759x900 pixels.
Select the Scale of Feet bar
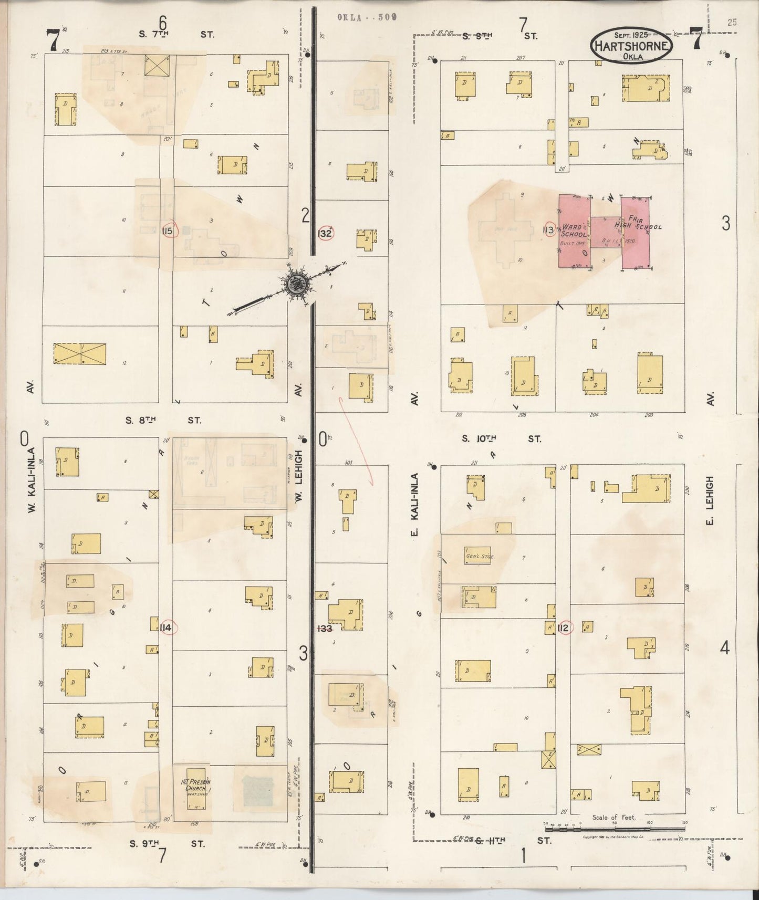click(615, 829)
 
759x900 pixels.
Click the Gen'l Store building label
click(477, 556)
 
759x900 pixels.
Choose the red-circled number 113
click(549, 229)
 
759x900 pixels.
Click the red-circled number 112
click(565, 628)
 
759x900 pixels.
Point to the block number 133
click(326, 628)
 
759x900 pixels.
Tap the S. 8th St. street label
click(163, 420)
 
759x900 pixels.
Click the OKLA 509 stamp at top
click(367, 17)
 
